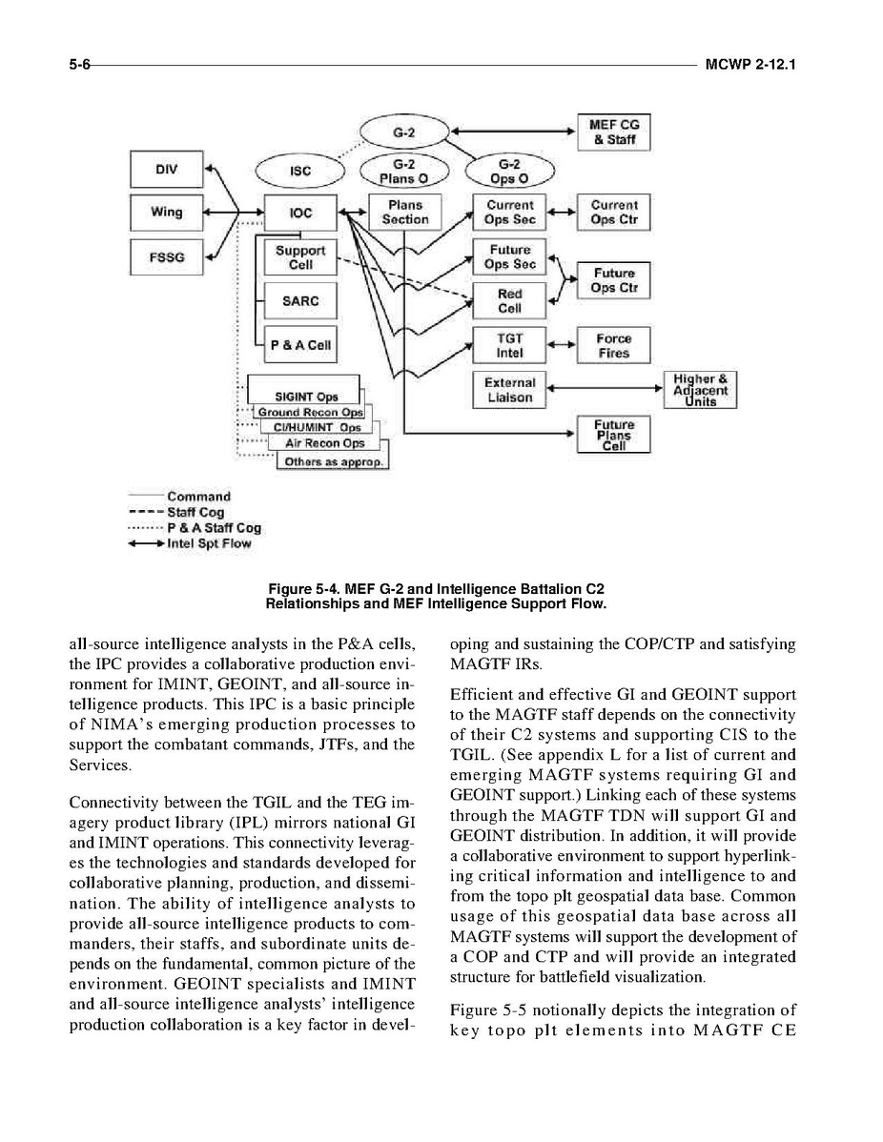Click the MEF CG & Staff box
614,133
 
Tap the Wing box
166,212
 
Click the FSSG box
166,257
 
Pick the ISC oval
300,172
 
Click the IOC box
300,214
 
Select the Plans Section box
405,212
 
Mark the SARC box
300,301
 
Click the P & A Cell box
300,345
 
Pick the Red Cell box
509,301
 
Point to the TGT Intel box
509,345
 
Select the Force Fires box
613,345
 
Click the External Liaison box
509,389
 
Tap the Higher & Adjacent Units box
701,389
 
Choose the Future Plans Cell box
613,434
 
